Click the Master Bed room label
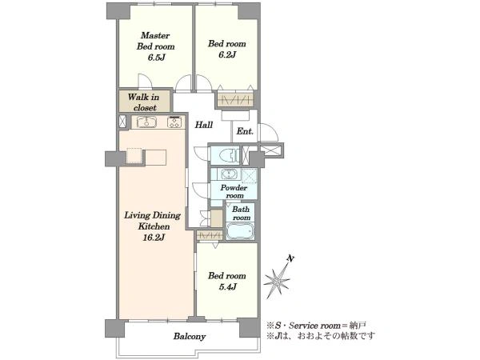(x=155, y=41)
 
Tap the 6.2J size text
(x=227, y=55)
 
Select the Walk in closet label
(x=144, y=102)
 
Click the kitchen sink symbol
(x=146, y=122)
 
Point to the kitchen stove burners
(x=174, y=122)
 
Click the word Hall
(x=204, y=125)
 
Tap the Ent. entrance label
(x=245, y=131)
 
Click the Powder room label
(x=234, y=191)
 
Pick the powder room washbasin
(x=227, y=174)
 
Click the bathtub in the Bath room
(x=240, y=231)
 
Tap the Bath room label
(x=241, y=214)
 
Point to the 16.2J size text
(x=154, y=238)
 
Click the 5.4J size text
(x=227, y=287)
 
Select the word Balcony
(x=190, y=337)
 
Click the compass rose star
(x=277, y=281)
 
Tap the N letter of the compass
(x=290, y=259)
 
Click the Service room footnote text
(x=316, y=326)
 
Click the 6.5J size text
(x=156, y=58)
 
